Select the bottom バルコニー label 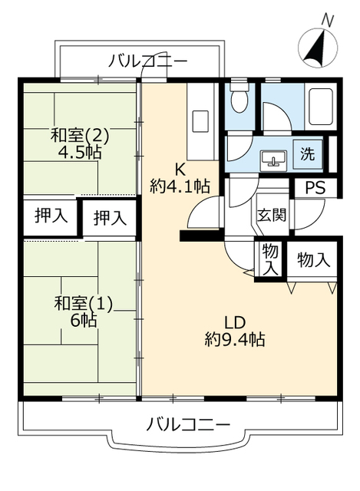pos(187,423)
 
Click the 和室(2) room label pos(80,136)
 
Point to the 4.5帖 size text pos(80,152)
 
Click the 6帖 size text pos(83,321)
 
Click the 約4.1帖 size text pos(180,186)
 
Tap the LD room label pos(234,321)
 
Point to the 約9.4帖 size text pos(234,338)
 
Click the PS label pos(315,187)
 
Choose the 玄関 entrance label pos(271,214)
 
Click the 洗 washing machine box pos(307,153)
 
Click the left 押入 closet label pos(51,216)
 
